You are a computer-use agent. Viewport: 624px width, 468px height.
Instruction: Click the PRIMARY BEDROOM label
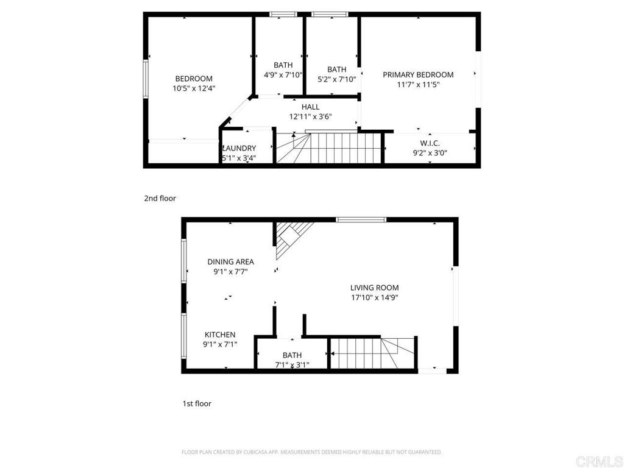tap(418, 75)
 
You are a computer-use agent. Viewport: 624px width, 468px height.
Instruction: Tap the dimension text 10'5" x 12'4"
tap(194, 88)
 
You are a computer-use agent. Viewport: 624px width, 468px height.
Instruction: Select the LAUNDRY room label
tap(239, 149)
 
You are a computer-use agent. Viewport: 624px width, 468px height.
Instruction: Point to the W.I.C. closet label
tap(430, 143)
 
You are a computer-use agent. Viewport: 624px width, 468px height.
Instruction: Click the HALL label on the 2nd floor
tap(310, 107)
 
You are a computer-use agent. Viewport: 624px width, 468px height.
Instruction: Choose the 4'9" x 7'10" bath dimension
tap(283, 75)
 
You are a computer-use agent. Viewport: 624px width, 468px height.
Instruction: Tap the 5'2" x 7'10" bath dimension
tap(336, 79)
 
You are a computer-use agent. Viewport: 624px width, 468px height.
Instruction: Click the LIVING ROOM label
tap(375, 288)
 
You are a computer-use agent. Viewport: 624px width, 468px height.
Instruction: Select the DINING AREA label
tap(231, 262)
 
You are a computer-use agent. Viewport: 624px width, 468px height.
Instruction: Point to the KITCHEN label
tap(220, 335)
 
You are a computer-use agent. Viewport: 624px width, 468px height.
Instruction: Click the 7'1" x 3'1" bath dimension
tap(292, 364)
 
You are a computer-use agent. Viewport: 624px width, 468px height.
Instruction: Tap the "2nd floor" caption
tap(160, 198)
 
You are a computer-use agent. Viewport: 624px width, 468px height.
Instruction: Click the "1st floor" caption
tap(197, 403)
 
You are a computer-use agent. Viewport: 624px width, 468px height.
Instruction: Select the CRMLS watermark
tap(599, 462)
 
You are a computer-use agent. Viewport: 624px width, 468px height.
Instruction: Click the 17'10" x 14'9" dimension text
tap(375, 297)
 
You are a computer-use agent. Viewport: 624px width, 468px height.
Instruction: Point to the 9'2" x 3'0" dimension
tap(430, 153)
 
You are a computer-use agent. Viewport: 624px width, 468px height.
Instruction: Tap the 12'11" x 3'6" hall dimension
tap(310, 117)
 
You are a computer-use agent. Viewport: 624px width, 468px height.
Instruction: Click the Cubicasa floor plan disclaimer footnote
tap(311, 452)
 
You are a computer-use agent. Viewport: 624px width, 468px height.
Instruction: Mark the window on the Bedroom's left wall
tap(146, 79)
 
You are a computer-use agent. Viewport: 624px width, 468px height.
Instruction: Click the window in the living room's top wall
tap(361, 219)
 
